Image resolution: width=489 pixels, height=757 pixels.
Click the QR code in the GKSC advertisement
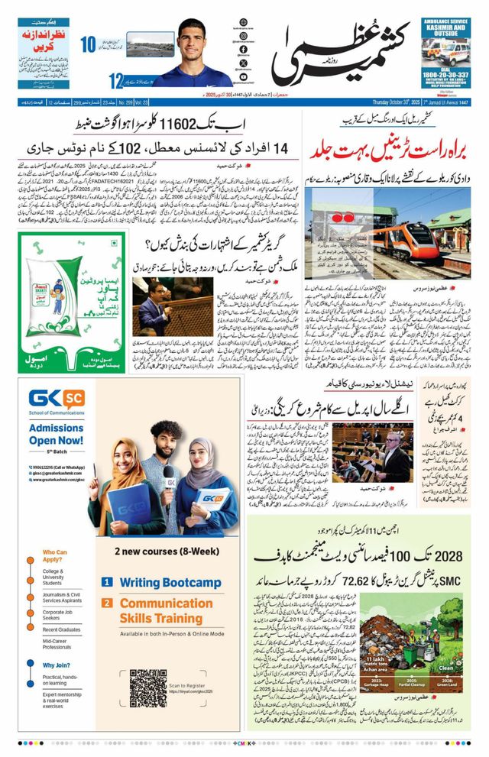[x=148, y=687]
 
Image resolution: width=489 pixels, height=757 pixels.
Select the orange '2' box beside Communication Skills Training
[x=107, y=603]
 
